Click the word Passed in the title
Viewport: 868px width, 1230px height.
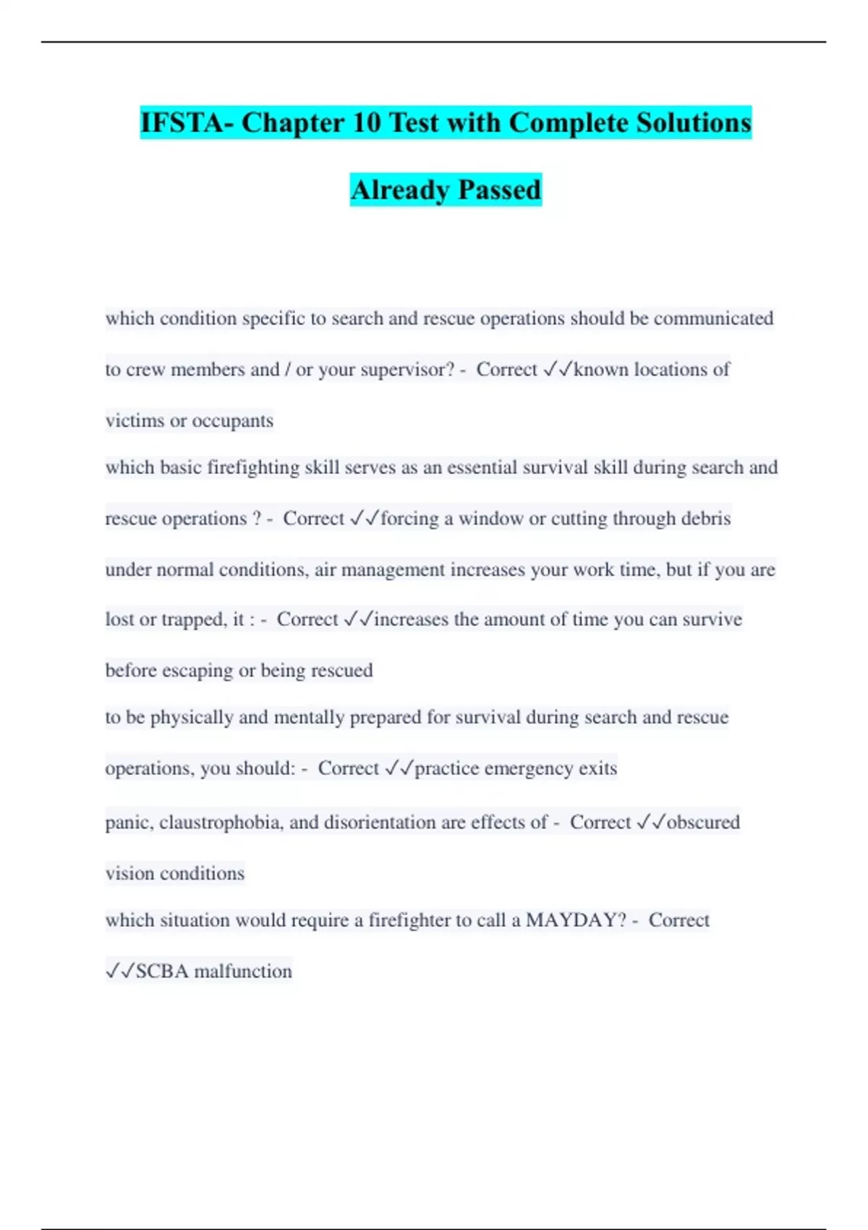pyautogui.click(x=500, y=190)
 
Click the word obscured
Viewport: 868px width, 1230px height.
pyautogui.click(x=703, y=823)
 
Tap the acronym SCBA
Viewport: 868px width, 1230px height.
pyautogui.click(x=163, y=971)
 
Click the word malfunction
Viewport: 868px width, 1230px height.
pyautogui.click(x=243, y=971)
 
